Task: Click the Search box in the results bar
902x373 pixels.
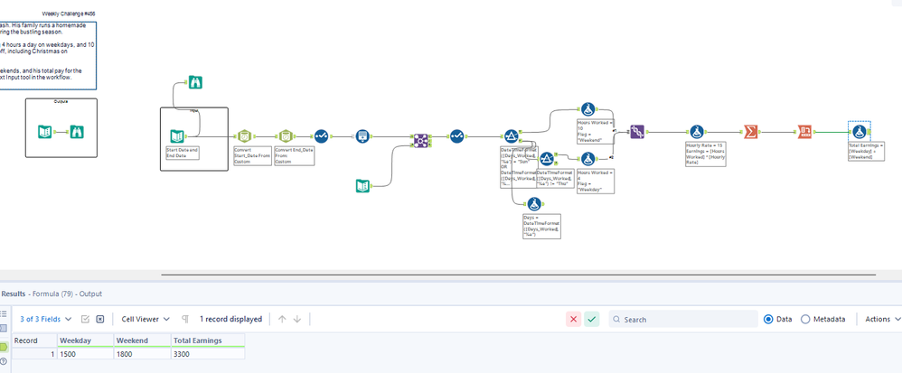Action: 687,319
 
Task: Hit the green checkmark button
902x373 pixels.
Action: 591,319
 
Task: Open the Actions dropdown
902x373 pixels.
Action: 882,319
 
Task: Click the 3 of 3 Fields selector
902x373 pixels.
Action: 45,319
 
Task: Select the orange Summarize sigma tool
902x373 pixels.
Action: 750,132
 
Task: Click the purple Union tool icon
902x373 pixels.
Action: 419,140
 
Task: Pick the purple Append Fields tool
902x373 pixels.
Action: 636,132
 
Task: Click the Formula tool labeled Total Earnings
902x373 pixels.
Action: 860,132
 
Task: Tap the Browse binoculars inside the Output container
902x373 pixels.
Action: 78,132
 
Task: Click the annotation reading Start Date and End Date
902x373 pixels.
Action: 183,153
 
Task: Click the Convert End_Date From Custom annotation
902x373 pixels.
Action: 295,155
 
